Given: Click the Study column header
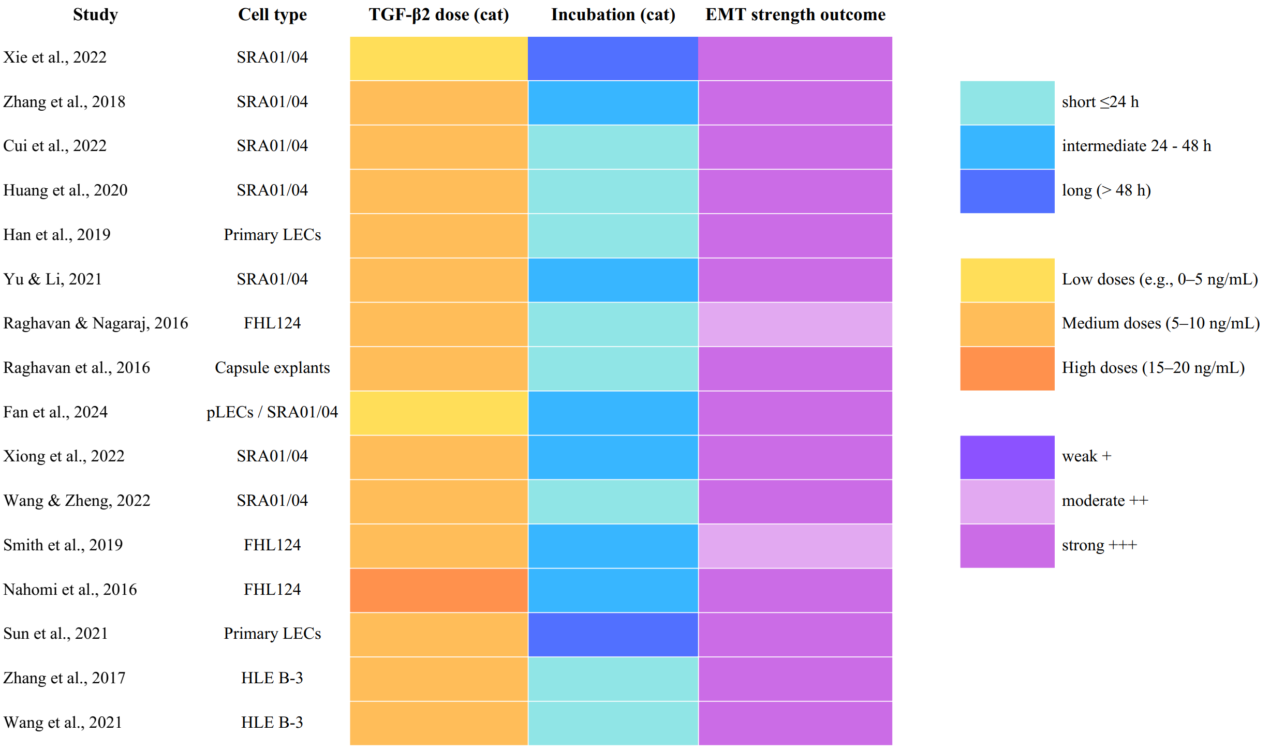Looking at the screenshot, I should click(95, 15).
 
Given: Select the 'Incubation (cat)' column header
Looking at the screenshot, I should click(613, 15).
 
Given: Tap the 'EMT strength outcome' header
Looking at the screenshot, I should click(795, 15).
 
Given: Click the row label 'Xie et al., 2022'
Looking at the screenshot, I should click(55, 57).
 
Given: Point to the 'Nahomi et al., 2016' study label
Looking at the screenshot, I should click(70, 590).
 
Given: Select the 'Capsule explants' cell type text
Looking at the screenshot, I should click(272, 368).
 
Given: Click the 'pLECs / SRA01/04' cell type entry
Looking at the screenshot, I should click(272, 412).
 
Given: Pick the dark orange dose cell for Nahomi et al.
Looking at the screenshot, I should click(439, 590).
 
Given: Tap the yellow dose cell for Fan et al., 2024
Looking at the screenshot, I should click(439, 413).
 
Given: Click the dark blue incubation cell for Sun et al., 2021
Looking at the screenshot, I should click(613, 635).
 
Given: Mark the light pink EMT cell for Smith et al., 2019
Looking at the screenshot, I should click(795, 546).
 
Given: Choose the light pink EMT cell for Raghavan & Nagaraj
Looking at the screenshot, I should click(795, 324).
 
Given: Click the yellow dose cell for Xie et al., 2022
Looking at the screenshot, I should click(439, 58).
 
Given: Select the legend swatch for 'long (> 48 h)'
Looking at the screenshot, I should click(1007, 191).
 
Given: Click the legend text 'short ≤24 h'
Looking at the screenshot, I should click(1100, 102).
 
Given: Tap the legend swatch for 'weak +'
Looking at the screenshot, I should click(1007, 457).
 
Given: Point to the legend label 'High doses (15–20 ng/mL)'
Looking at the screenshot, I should click(1153, 368).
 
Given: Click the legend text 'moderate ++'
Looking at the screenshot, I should click(1105, 501).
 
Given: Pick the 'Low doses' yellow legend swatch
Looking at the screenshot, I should click(1007, 280).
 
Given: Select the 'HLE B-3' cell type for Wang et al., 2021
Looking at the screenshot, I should click(272, 723).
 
